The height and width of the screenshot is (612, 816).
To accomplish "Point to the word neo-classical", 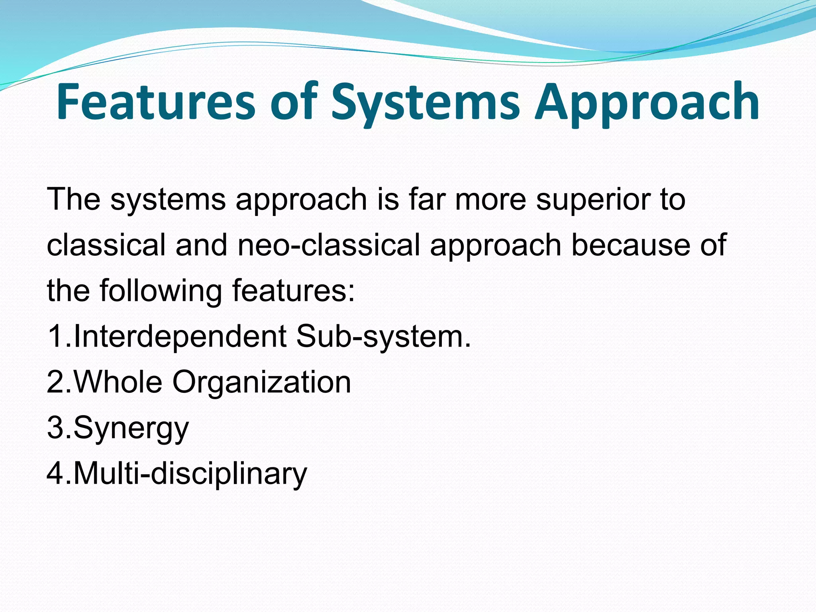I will tap(329, 245).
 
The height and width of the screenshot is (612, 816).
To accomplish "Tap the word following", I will tap(161, 291).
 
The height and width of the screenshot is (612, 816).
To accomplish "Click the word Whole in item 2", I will tap(118, 382).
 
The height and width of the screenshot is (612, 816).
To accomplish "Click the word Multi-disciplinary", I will tap(190, 473).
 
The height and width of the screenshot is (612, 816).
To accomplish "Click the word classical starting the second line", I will tap(106, 245).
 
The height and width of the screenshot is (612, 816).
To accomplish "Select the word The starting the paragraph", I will tap(74, 199).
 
